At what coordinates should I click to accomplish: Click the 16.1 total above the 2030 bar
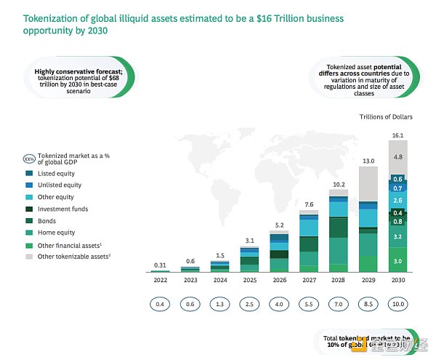pos(397,135)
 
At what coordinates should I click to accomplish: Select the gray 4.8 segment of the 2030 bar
pos(397,157)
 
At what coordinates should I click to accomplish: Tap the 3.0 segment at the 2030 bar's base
pos(397,260)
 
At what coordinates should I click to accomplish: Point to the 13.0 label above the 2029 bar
pos(368,161)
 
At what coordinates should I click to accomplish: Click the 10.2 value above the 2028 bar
pos(339,184)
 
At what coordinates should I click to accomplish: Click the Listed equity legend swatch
pos(29,173)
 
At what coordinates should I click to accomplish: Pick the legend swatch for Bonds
pos(29,221)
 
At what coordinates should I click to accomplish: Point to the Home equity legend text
pos(57,233)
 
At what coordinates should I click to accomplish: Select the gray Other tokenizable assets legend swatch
pos(29,257)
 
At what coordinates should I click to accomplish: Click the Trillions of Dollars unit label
pos(386,116)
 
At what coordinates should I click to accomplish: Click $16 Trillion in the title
pos(275,17)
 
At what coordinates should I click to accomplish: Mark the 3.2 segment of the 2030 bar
pos(397,237)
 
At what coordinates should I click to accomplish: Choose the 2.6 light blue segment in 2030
pos(397,200)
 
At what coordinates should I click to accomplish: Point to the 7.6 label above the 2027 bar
pos(309,204)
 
